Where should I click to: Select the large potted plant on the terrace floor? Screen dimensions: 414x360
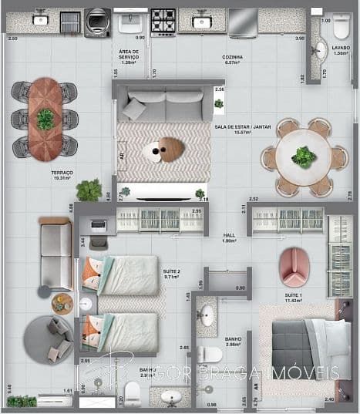coord(89,190)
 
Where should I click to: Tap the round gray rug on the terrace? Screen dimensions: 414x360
coord(49,337)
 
